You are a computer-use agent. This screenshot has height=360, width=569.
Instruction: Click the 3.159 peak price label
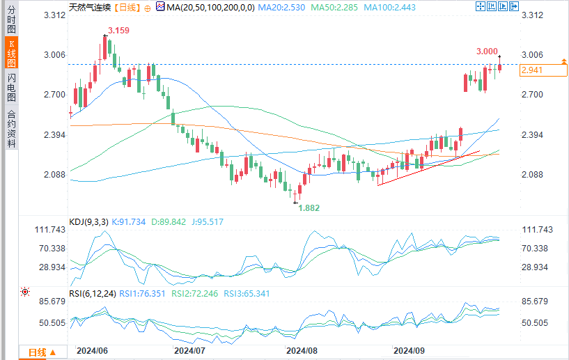pos(118,31)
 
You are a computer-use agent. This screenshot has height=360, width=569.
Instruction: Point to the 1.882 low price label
pos(309,208)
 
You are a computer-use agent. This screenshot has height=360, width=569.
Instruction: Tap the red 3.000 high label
pos(487,52)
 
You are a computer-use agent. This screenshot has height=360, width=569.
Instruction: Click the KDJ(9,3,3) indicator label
pos(88,222)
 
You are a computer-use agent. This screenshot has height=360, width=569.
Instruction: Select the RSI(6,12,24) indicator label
pos(92,293)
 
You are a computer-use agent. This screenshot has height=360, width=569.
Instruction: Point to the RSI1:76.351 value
pos(142,293)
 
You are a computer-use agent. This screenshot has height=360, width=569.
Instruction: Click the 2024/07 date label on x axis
pos(189,352)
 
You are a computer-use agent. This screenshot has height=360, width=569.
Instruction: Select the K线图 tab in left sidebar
pos(11,53)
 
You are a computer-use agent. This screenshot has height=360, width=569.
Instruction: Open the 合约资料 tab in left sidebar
pos(11,129)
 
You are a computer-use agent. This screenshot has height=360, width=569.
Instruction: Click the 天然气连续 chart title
pos(89,6)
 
